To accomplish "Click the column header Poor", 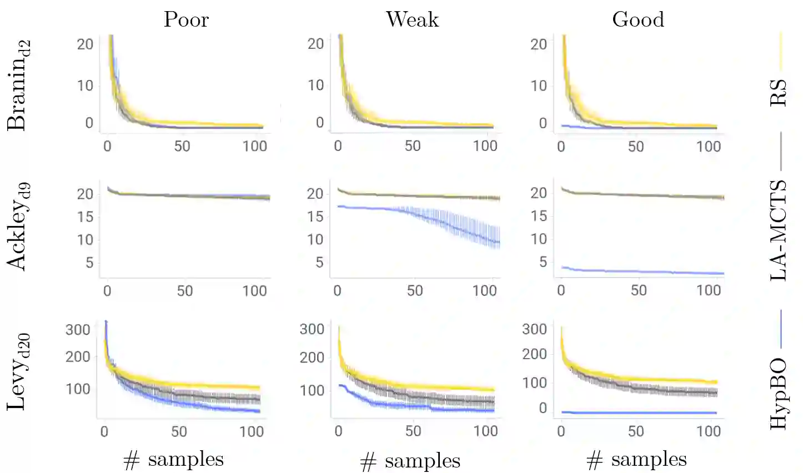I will (186, 19).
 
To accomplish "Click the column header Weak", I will (412, 19).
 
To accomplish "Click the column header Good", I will (638, 19).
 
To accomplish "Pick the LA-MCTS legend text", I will (779, 230).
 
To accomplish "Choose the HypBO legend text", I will (779, 394).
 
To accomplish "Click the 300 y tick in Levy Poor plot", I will (78, 330).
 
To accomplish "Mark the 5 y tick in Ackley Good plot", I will (543, 261).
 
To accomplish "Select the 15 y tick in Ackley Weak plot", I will (315, 217).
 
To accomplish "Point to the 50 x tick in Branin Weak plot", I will (413, 146).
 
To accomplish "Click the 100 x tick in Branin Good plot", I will (709, 147).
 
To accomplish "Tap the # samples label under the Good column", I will (636, 460).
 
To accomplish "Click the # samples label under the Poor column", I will (173, 460).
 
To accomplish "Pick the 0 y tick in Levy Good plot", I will (543, 408).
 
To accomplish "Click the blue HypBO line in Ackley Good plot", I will (639, 271).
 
